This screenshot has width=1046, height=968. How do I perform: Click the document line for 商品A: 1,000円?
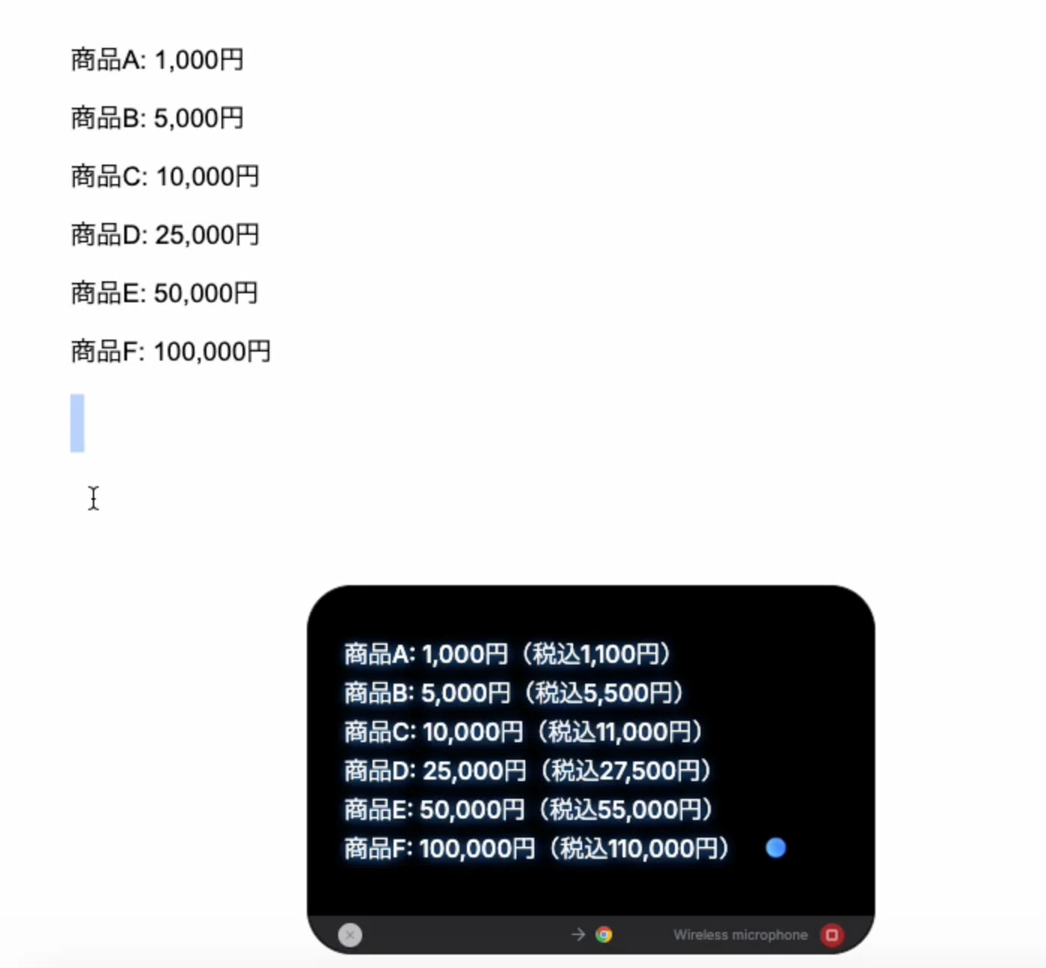click(x=157, y=60)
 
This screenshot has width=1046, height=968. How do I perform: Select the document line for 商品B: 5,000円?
click(x=157, y=118)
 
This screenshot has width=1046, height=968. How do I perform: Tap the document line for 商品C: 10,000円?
click(x=165, y=177)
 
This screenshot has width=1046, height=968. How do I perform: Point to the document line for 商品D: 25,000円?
click(x=165, y=235)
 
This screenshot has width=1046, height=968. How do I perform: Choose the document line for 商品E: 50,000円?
click(x=165, y=293)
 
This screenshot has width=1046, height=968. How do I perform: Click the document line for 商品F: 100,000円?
click(x=171, y=352)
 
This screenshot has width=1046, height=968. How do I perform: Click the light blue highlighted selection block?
click(x=77, y=423)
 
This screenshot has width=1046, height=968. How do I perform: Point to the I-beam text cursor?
click(x=94, y=498)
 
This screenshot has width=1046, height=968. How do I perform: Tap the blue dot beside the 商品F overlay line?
click(x=775, y=848)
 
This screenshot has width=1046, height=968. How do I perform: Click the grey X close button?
click(x=349, y=935)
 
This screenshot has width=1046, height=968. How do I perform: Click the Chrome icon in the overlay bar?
click(x=604, y=934)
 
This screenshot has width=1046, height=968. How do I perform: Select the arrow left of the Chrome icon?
click(x=578, y=934)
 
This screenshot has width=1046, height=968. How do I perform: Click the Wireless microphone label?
click(x=740, y=935)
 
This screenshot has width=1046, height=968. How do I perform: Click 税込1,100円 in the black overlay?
click(x=596, y=654)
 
